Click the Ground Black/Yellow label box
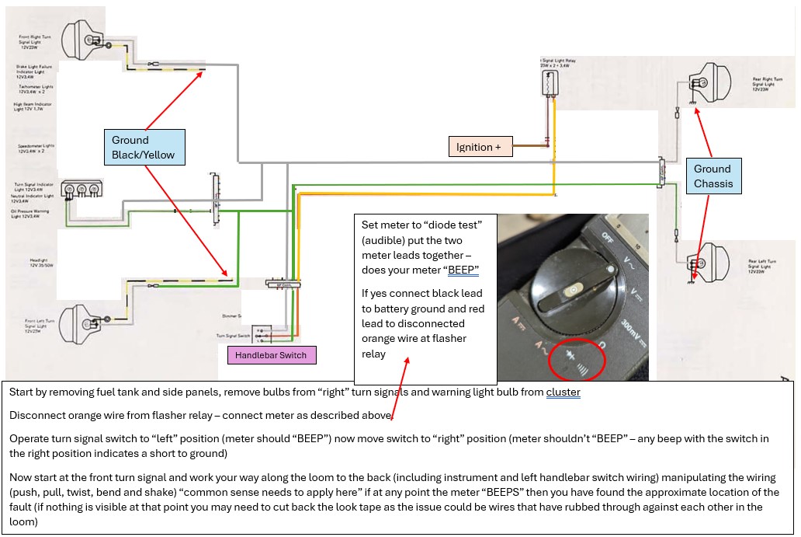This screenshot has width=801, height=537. (147, 148)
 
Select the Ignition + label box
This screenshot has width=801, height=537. (480, 147)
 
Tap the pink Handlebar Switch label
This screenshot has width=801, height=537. (272, 355)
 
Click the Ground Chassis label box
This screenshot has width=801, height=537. (712, 176)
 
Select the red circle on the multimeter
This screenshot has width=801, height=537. (576, 356)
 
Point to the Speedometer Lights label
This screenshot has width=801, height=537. (32, 148)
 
